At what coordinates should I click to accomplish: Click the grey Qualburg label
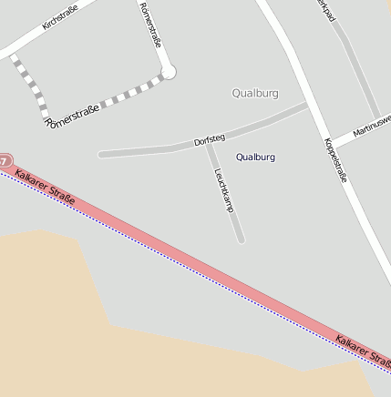[255, 93]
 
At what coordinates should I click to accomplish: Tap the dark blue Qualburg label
[255, 158]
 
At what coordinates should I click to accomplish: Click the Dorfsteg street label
[210, 141]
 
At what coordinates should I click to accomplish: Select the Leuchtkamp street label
[224, 189]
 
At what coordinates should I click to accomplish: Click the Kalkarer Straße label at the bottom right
[362, 353]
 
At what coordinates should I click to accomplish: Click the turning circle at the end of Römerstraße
[168, 71]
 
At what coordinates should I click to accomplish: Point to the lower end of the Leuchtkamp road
[241, 239]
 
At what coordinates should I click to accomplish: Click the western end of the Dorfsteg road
[101, 154]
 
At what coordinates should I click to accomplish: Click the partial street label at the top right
[324, 5]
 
